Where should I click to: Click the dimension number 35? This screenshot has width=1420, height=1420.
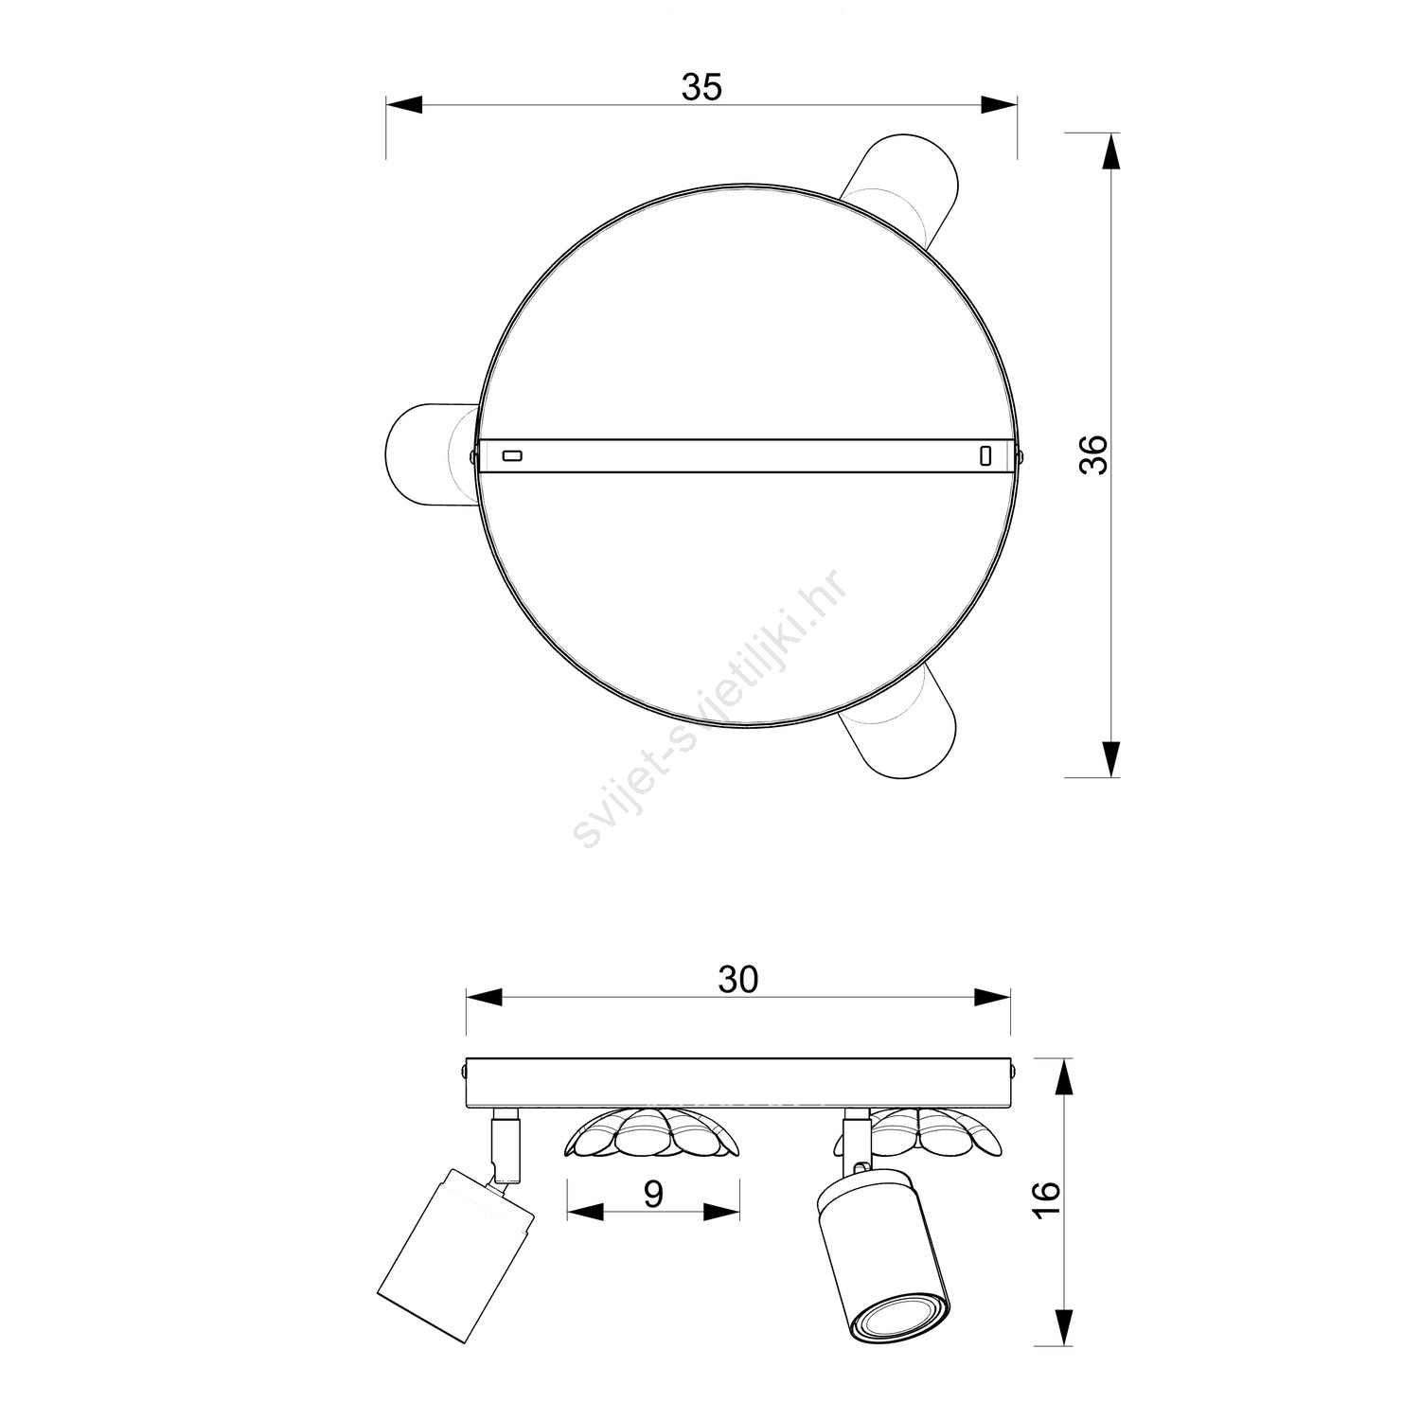(701, 87)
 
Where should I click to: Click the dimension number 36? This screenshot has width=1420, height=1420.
(1093, 454)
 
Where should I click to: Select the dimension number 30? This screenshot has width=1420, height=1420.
(737, 981)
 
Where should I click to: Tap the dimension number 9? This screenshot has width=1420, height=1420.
(653, 1195)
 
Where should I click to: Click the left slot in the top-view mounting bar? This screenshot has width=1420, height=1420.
(511, 456)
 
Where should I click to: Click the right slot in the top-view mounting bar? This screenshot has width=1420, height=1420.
(985, 456)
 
